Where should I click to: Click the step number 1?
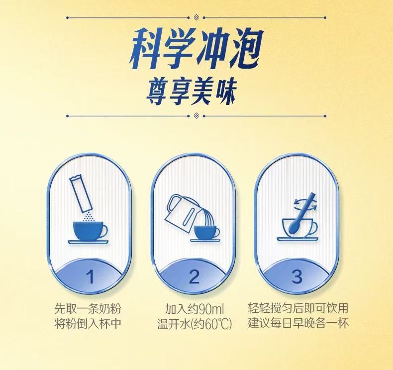coord(90,277)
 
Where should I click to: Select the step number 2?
coord(194,277)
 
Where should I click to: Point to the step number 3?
coord(297,277)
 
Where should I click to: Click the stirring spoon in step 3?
coord(301,212)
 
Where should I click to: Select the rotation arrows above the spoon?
coord(305,204)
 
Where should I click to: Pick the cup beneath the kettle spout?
coord(207,232)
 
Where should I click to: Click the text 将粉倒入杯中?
coord(88,323)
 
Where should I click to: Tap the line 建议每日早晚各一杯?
coord(298,323)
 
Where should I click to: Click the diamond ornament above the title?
coord(196,17)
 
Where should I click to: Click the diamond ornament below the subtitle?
coord(196,116)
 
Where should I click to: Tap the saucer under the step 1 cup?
coord(89,242)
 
